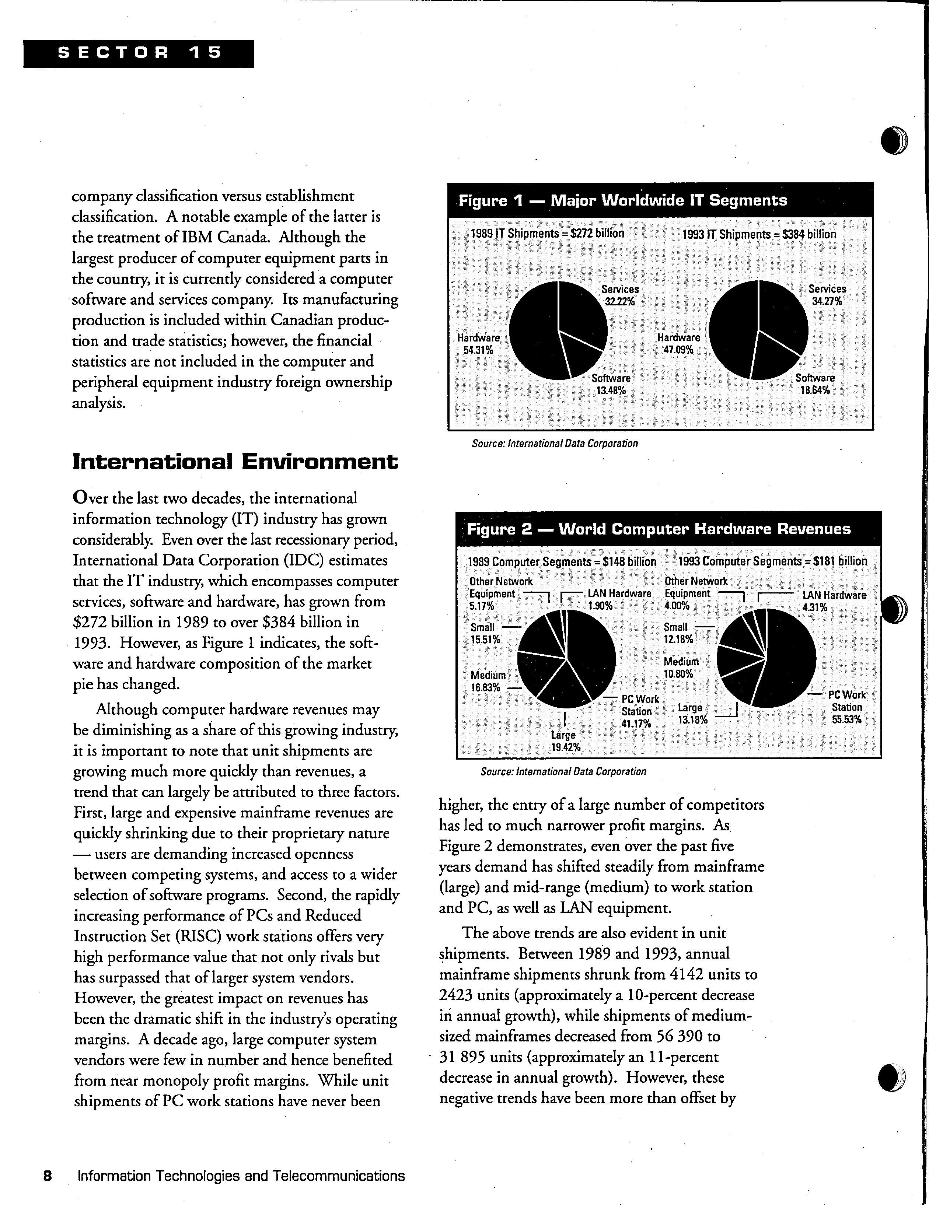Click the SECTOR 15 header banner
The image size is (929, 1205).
[x=139, y=53]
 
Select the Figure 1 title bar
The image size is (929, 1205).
[x=660, y=200]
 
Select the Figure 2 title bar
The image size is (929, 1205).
[x=668, y=529]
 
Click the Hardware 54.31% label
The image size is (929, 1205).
[x=478, y=344]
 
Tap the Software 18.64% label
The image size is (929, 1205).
[x=815, y=384]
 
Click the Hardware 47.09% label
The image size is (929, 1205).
[x=678, y=343]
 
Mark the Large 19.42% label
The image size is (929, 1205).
[x=563, y=741]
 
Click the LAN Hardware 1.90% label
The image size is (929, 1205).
[x=619, y=599]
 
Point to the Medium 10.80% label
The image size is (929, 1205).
[x=681, y=667]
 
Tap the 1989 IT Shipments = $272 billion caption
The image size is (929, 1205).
[x=547, y=234]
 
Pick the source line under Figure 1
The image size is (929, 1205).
[x=555, y=443]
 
